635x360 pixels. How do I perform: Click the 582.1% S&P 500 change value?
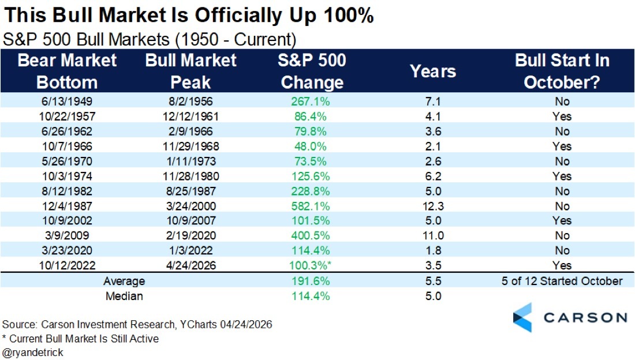(x=312, y=206)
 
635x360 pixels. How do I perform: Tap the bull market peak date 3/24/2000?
(x=191, y=206)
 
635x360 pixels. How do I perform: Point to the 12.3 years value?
(x=432, y=206)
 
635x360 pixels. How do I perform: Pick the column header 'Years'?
(x=432, y=72)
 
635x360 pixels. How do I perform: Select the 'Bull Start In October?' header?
(x=562, y=72)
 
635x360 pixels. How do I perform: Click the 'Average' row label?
(x=124, y=281)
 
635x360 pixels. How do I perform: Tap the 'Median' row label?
(x=124, y=297)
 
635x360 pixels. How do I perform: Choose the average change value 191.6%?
(x=312, y=281)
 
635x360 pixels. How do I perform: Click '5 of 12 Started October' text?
(x=562, y=281)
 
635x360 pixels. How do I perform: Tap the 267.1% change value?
(x=312, y=101)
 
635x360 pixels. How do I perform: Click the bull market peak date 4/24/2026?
(x=191, y=265)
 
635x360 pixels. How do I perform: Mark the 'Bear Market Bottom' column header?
(x=67, y=72)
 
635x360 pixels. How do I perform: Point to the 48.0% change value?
(x=312, y=146)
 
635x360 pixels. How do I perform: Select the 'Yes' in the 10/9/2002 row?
(x=562, y=221)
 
